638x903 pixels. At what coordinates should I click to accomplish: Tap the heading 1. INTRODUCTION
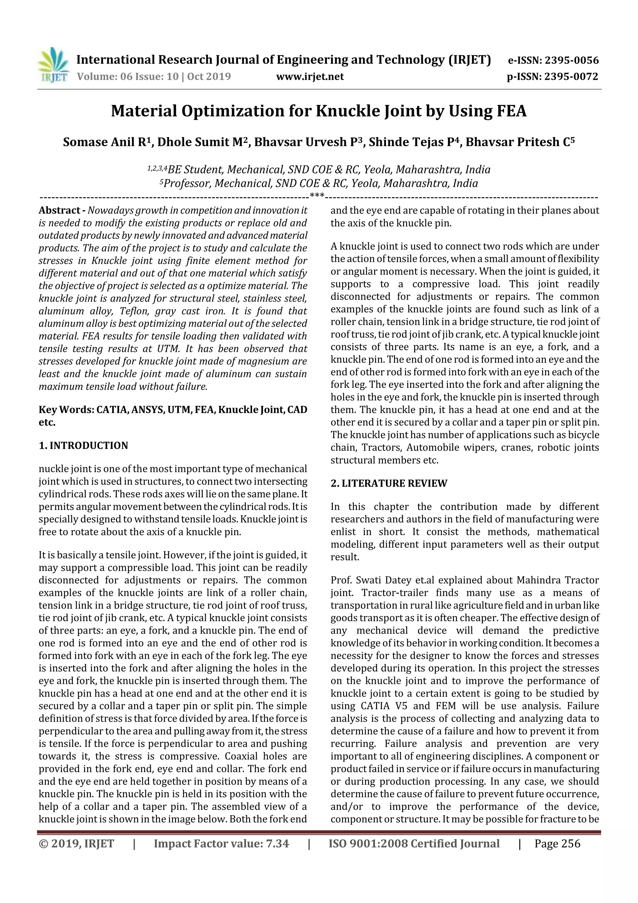tap(83, 446)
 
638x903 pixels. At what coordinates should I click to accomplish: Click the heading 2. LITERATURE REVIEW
tap(389, 483)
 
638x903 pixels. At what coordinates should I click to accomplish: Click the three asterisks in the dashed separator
tap(317, 195)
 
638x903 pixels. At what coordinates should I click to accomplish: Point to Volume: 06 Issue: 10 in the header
tap(128, 76)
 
